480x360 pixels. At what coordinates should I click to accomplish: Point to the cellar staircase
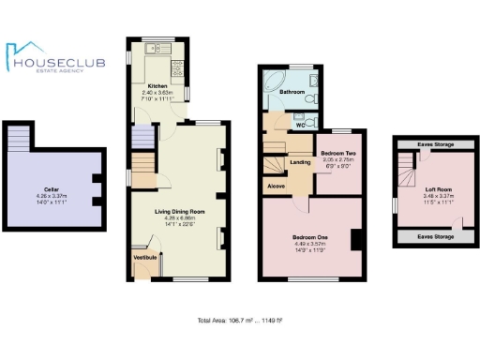20,140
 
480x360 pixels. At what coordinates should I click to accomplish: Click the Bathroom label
292,92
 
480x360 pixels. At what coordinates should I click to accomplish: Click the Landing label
301,163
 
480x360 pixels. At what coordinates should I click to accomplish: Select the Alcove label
277,186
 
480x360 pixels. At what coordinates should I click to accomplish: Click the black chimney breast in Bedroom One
356,240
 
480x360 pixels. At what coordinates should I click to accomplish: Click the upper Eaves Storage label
432,144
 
